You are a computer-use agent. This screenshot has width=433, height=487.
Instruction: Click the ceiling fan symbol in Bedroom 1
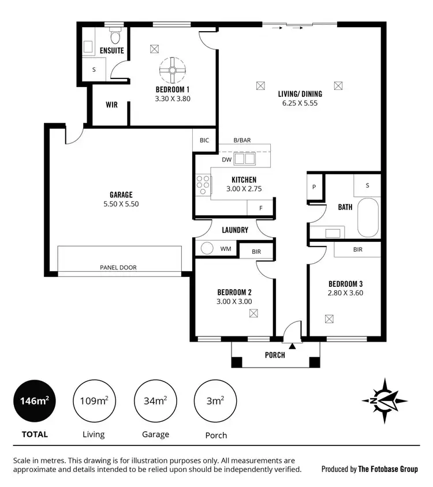click(171, 70)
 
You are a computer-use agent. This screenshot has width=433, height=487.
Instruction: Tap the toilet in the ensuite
click(115, 37)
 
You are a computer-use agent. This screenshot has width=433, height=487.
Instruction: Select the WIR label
click(111, 106)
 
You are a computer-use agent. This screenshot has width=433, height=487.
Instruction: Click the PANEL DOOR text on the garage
click(118, 267)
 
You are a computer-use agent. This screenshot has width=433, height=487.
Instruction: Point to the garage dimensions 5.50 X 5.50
click(121, 204)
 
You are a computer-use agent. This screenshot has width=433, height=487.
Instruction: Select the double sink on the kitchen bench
click(245, 158)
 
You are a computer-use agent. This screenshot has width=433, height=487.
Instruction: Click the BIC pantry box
click(204, 140)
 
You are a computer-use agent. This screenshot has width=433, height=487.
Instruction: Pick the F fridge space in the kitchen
click(260, 208)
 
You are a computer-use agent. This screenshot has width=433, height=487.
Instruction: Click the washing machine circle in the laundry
click(206, 249)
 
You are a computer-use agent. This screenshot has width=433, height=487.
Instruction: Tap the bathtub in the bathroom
click(367, 218)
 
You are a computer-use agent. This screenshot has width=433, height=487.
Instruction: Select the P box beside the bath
click(315, 187)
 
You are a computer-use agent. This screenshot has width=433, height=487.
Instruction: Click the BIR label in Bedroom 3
click(357, 249)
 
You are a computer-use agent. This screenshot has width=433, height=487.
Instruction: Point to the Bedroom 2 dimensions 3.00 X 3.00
click(234, 301)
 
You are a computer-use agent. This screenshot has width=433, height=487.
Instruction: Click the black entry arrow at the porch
click(293, 346)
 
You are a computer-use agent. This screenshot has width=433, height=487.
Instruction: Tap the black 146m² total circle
click(35, 401)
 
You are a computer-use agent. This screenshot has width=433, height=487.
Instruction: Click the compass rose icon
click(385, 400)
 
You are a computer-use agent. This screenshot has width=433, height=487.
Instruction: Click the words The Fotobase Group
click(387, 469)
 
